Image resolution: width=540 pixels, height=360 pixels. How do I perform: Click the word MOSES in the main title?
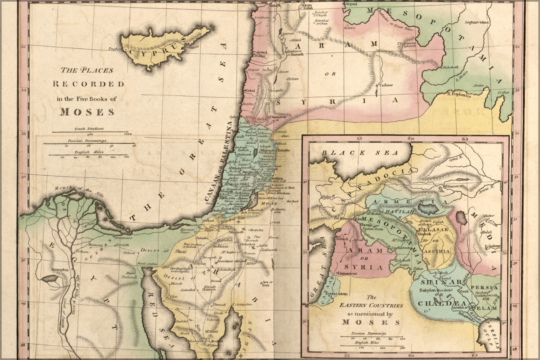point(87,112)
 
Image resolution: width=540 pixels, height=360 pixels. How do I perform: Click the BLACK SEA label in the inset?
point(360,153)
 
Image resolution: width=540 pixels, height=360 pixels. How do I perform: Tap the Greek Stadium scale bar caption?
point(89,128)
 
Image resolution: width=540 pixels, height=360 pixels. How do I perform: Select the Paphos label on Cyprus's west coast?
point(116,48)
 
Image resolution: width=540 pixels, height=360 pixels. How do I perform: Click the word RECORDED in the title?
point(89,84)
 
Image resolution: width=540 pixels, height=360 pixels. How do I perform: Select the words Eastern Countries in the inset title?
point(371,305)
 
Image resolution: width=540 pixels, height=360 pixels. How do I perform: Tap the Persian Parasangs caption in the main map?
point(89,140)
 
